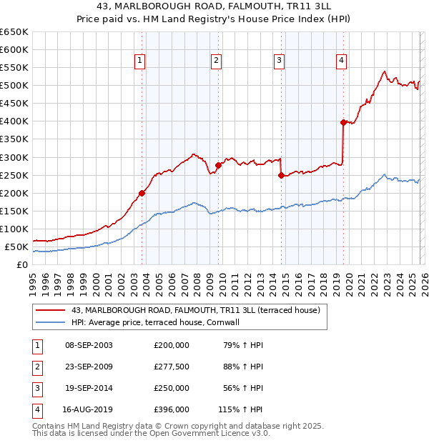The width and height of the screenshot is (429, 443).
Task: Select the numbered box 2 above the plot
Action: (x=215, y=61)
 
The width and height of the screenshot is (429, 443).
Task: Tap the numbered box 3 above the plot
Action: (x=279, y=61)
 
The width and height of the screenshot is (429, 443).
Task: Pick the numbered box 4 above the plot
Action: (x=342, y=61)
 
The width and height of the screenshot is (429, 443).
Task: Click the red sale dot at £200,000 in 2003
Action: (x=142, y=193)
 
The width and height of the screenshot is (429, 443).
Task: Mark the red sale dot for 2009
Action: (x=218, y=165)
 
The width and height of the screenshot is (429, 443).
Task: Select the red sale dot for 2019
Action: (x=343, y=122)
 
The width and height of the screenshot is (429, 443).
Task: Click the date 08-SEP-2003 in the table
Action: (x=88, y=345)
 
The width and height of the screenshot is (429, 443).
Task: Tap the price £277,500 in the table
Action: (x=172, y=367)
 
